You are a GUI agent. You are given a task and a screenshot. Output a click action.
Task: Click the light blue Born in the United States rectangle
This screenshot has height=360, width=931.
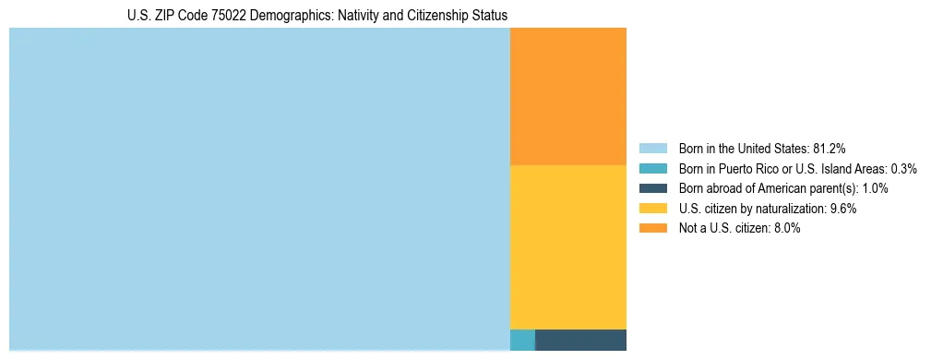[259, 189]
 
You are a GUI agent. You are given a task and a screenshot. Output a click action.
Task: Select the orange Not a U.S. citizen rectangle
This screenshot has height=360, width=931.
[567, 96]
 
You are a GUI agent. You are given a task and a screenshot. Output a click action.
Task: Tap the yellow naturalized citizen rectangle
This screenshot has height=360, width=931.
[567, 246]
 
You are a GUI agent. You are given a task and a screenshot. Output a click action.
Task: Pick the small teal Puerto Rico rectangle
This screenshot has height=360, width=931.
[522, 340]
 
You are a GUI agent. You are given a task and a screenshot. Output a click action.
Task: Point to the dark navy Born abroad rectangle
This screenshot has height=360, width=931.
[580, 340]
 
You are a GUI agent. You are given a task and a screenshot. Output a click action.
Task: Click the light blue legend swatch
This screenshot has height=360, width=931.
[652, 149]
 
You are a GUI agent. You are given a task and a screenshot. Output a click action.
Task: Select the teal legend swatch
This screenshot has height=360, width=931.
[652, 169]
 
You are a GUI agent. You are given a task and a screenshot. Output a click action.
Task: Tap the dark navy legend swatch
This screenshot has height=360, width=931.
[652, 188]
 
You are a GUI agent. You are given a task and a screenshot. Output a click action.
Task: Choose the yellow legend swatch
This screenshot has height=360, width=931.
[652, 209]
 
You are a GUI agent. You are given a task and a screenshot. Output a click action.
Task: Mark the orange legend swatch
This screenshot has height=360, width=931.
[652, 229]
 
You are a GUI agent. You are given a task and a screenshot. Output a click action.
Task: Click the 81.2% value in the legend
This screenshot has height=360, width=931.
[830, 149]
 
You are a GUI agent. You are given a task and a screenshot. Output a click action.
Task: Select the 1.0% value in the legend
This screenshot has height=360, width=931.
[875, 188]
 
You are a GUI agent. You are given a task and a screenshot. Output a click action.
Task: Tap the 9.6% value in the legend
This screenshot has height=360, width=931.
[843, 209]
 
